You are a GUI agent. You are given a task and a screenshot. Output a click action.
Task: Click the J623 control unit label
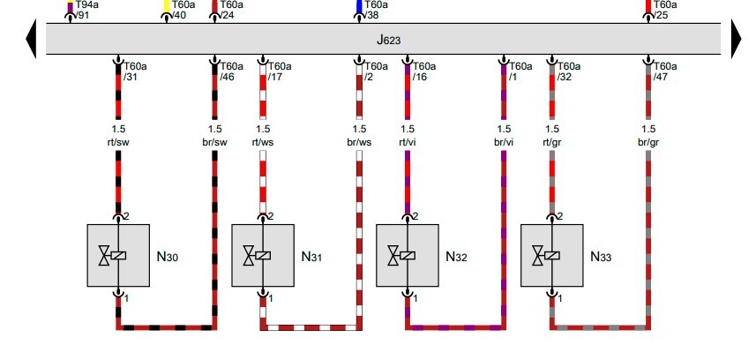tap(389, 40)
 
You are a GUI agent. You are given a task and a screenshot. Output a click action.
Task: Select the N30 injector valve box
tap(118, 256)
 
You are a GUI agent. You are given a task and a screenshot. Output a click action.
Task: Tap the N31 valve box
tap(263, 256)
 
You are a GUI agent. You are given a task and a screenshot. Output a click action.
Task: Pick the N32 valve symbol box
tap(408, 256)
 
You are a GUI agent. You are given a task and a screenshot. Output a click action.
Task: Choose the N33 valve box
tap(552, 256)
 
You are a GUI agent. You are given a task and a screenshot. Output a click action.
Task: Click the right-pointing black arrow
tap(737, 40)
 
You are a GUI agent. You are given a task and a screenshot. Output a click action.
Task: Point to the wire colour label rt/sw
tap(118, 141)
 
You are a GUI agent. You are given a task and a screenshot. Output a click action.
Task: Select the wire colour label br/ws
tap(359, 141)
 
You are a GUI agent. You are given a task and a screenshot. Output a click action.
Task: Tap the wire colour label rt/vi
tap(408, 141)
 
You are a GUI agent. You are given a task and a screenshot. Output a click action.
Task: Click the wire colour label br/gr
tap(649, 141)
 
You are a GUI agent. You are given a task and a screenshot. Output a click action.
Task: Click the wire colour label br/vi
tap(504, 141)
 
